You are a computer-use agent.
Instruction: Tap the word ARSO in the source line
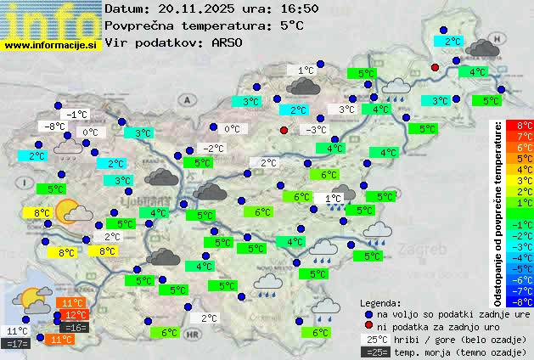228,42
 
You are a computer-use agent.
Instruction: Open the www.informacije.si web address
51,44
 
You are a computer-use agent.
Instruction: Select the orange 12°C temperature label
76,315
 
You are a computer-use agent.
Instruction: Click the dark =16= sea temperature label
75,328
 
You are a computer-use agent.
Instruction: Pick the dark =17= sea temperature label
17,344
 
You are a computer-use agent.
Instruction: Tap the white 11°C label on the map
17,331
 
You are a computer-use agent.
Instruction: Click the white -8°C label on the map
56,127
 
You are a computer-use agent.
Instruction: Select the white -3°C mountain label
317,130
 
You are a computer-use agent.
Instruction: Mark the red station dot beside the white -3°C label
284,130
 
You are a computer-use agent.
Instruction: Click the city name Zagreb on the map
427,251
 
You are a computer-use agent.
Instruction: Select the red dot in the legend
368,326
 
